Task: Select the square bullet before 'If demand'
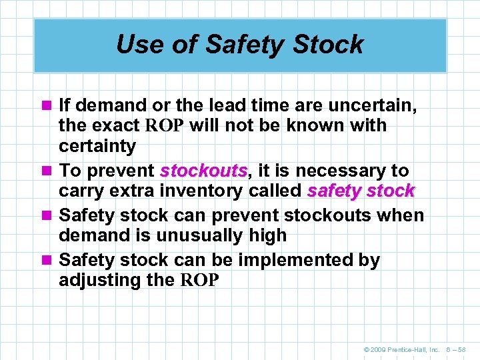click(x=47, y=105)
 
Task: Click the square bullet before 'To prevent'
click(x=47, y=171)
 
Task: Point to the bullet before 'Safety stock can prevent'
click(x=47, y=216)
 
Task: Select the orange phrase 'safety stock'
click(x=361, y=191)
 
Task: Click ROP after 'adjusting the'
click(x=199, y=281)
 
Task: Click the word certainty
click(x=97, y=146)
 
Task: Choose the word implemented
click(x=286, y=260)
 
